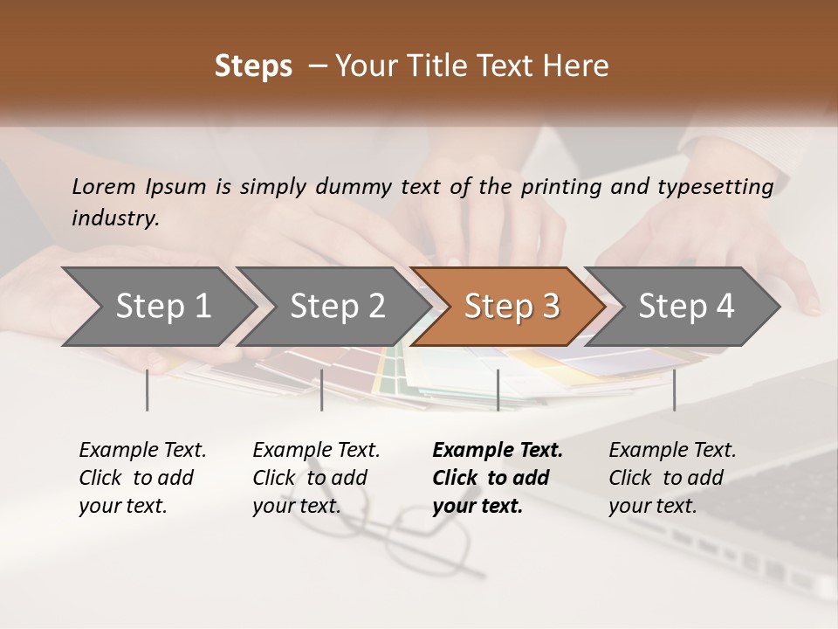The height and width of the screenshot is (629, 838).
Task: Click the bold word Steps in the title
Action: click(253, 66)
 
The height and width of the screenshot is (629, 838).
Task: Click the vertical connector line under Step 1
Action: click(148, 390)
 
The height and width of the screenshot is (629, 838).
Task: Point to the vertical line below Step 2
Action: click(322, 390)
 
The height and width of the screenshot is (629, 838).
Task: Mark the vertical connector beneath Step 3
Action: click(498, 390)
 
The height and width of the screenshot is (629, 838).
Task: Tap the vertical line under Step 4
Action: click(674, 390)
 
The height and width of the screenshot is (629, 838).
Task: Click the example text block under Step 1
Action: click(142, 478)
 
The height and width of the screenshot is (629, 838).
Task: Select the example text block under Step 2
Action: click(316, 478)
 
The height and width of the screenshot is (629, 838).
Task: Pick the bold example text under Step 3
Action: click(498, 478)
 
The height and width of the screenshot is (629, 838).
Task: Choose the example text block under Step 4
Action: click(672, 478)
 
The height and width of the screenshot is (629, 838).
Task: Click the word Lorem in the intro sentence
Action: click(104, 186)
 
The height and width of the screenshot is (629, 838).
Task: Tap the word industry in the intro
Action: click(115, 218)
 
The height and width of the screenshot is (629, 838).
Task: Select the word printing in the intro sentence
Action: click(562, 187)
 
